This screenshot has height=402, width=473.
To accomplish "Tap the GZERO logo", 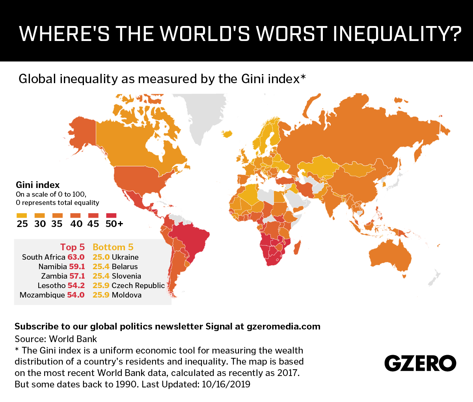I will click(420, 363).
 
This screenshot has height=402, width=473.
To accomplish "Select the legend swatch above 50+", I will click(112, 216).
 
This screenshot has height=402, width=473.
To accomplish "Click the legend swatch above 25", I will click(22, 216).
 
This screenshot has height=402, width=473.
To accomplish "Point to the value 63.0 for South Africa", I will click(76, 257).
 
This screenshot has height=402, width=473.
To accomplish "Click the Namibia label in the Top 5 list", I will click(53, 266).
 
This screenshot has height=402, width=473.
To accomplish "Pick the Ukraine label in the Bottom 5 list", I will click(125, 257).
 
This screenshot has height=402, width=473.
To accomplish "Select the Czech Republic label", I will click(138, 285).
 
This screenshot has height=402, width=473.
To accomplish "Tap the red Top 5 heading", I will click(72, 247).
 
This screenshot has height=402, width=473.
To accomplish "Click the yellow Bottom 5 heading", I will click(113, 247).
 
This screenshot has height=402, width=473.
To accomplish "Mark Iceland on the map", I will click(227, 134).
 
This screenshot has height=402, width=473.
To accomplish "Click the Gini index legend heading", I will click(37, 185).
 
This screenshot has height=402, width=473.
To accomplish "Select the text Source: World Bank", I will click(56, 339).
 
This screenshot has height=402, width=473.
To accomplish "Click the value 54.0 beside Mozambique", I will click(76, 295).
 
